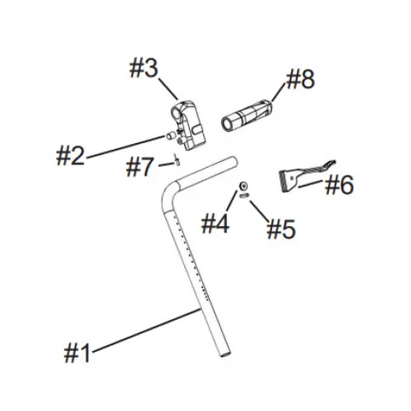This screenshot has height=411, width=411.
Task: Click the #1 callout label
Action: point(77,353)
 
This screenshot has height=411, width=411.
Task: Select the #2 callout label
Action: point(70,156)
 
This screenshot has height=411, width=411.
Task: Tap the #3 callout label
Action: point(144,68)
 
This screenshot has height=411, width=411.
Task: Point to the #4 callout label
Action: point(215,224)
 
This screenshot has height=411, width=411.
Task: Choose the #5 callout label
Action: point(281,229)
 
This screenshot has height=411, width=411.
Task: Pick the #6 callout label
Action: point(339,185)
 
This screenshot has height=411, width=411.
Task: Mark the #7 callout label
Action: point(140,167)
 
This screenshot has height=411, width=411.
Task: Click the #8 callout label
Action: point(301,80)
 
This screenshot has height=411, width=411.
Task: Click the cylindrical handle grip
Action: point(247,116)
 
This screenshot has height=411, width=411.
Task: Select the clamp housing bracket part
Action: point(188,126)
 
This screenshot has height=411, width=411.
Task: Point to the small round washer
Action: point(243,186)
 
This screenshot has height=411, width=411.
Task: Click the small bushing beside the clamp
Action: point(170,136)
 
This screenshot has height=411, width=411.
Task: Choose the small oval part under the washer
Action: point(244,195)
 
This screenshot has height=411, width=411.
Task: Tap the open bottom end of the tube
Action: point(224,354)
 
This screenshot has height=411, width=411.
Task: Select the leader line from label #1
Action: point(146,331)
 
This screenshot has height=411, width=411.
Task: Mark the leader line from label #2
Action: point(126,146)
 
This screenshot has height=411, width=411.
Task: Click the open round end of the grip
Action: point(227,124)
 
